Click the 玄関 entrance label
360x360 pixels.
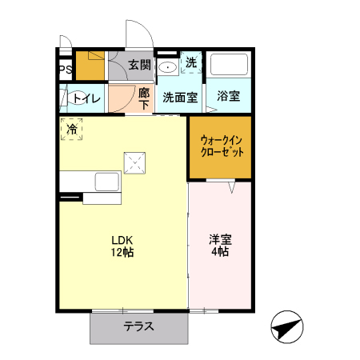tap(139, 65)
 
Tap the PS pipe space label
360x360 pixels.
tap(66, 70)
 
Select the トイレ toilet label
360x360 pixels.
tap(86, 98)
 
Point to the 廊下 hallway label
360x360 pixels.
tap(144, 98)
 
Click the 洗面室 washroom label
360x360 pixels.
tap(180, 98)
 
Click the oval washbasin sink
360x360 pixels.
tap(168, 66)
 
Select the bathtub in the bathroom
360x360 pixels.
tap(230, 66)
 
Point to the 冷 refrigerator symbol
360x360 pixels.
tap(73, 129)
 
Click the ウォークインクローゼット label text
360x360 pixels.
tap(220, 146)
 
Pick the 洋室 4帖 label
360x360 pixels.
tap(219, 246)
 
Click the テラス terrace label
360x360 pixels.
tap(138, 326)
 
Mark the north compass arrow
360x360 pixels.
tap(288, 327)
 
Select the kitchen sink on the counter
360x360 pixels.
tap(106, 182)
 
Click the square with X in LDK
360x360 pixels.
tap(134, 163)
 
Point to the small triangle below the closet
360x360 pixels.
tap(230, 187)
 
